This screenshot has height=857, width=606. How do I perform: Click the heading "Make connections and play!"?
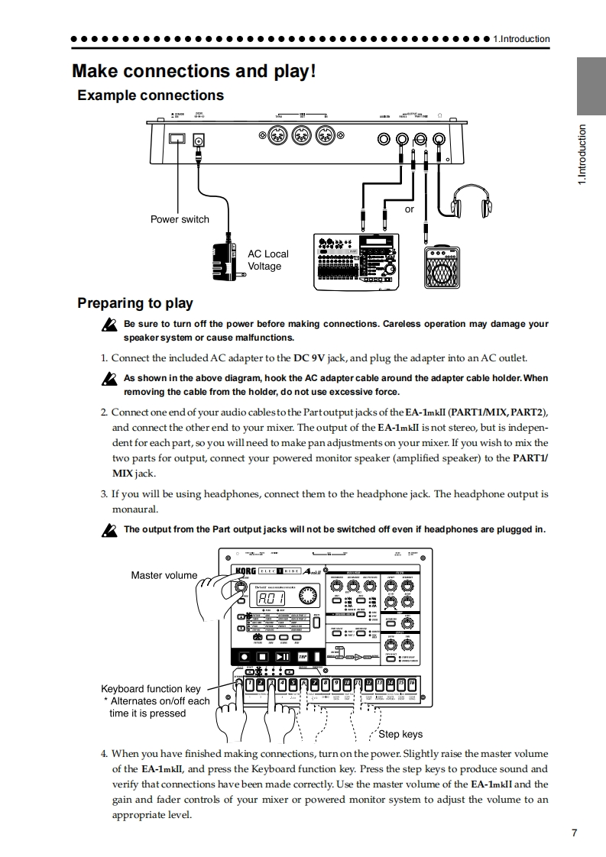193,71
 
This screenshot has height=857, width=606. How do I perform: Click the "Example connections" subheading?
151,95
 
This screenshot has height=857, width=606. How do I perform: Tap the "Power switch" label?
180,219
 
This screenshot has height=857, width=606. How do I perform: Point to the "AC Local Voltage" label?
268,260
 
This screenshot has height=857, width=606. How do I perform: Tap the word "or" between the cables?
409,209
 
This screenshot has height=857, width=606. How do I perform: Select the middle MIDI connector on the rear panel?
301,139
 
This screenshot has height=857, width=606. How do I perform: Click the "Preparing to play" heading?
135,303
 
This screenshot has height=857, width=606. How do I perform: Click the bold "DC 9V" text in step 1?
314,357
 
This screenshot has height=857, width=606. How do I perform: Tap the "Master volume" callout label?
164,575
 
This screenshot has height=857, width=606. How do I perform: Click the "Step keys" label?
400,734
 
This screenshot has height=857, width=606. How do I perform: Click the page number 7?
574,833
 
